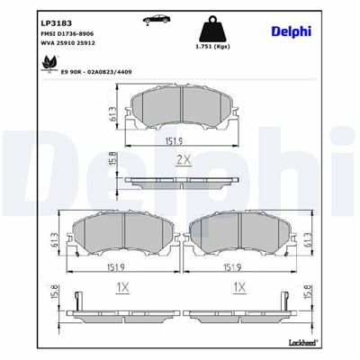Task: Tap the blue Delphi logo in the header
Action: [291, 31]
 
